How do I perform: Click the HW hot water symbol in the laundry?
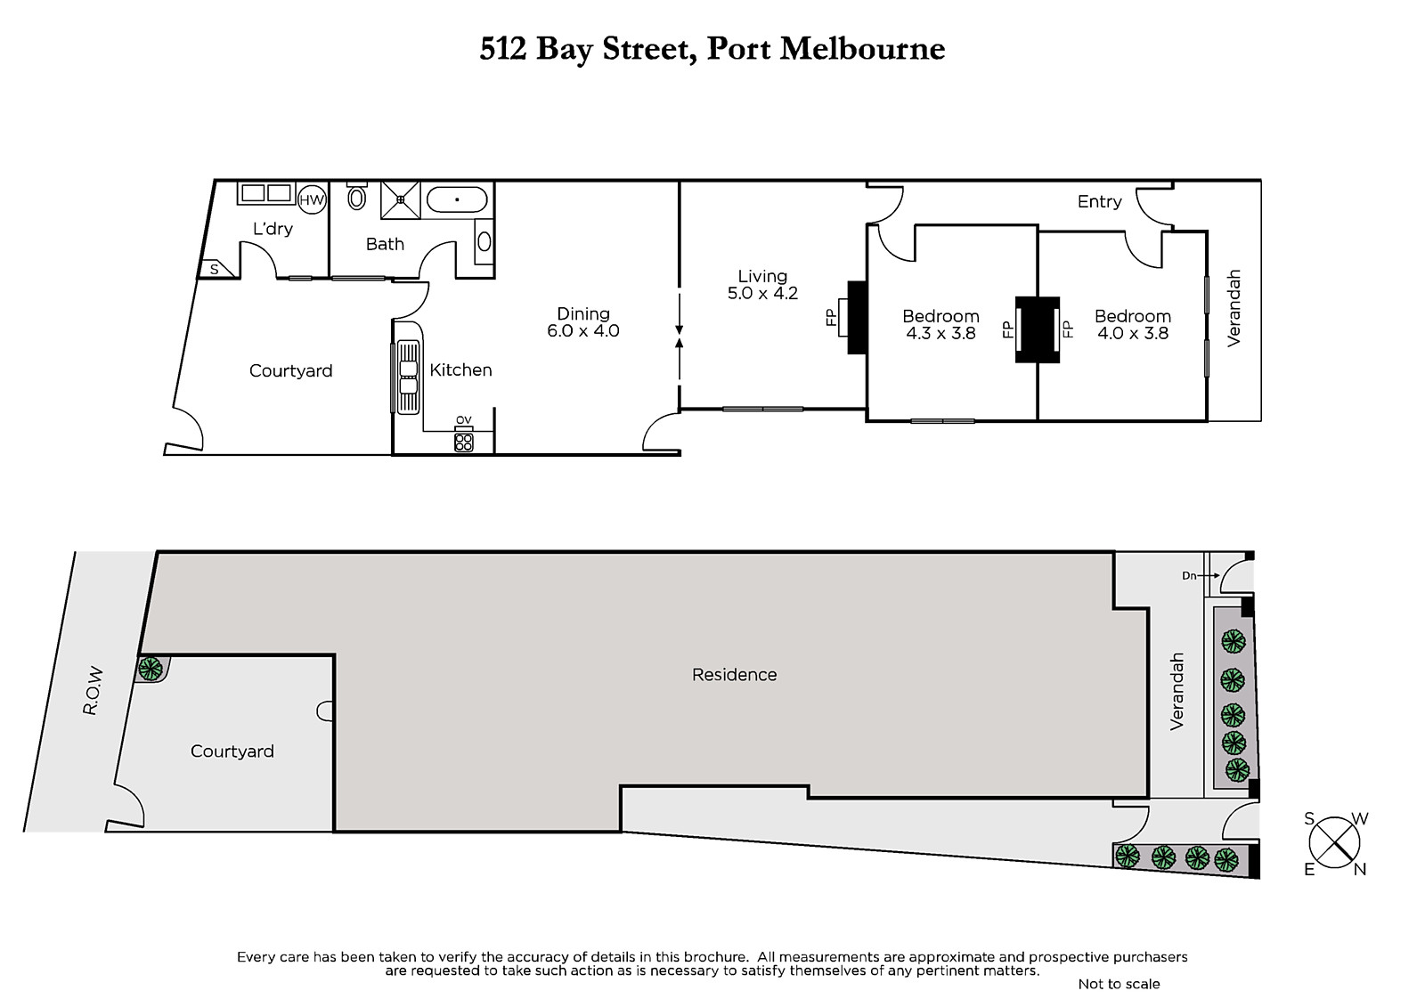pos(312,199)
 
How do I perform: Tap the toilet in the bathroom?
pos(357,197)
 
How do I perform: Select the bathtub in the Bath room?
pos(457,199)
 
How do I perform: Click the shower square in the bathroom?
pos(400,199)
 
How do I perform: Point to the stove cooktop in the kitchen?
pos(464,443)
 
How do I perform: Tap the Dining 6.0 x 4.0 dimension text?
pos(583,330)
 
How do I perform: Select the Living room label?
pos(762,276)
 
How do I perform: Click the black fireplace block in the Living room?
pos(857,318)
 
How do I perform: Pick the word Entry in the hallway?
pos(1099,201)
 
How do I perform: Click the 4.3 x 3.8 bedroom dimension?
pos(940,333)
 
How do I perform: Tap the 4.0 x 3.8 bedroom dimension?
pos(1133,333)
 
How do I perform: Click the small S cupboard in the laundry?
pos(215,269)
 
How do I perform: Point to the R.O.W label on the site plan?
pos(93,690)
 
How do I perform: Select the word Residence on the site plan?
pos(734,674)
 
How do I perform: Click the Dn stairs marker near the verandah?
pos(1189,576)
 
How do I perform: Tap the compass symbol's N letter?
pos(1359,870)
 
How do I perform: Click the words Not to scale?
pos(1119,984)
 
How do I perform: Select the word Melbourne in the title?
pos(862,49)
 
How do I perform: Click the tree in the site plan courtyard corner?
pos(151,669)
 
